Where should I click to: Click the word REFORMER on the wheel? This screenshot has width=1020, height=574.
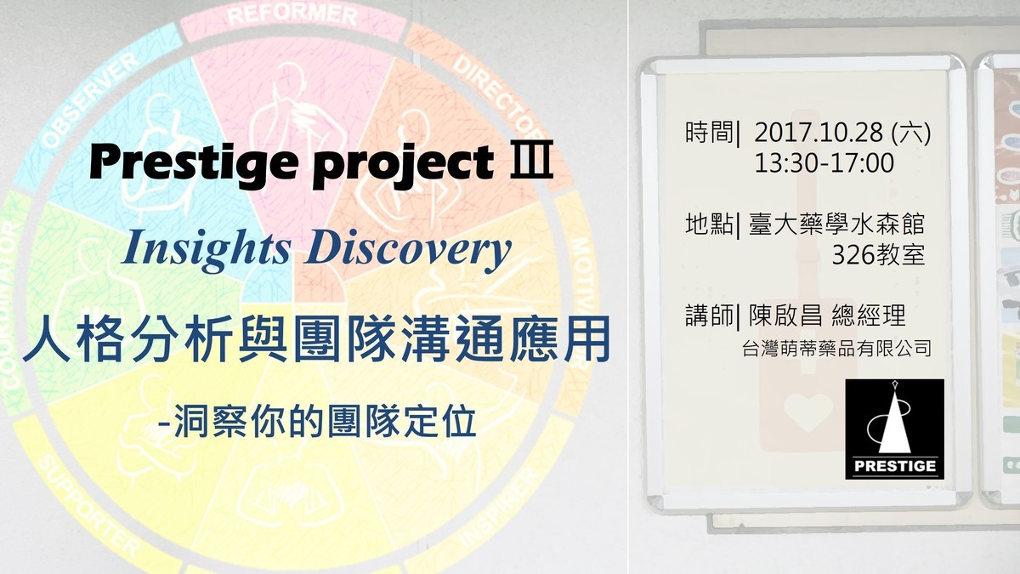click(292, 14)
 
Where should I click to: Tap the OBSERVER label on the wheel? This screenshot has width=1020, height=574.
click(91, 99)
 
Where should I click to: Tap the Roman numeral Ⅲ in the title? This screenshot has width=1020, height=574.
click(531, 160)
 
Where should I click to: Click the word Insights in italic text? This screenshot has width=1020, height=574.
click(207, 248)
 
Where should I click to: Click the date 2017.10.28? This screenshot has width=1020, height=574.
click(819, 133)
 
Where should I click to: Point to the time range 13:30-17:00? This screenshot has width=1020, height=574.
click(824, 163)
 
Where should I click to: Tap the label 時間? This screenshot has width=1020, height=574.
click(709, 133)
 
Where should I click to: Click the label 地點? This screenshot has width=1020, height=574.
click(709, 224)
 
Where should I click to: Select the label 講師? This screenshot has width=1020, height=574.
click(709, 315)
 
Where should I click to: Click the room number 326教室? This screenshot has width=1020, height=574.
click(878, 254)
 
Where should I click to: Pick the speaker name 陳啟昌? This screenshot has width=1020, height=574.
click(785, 315)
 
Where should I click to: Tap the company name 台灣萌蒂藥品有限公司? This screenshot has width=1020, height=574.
click(836, 349)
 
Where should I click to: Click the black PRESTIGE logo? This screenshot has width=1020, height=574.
click(895, 429)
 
